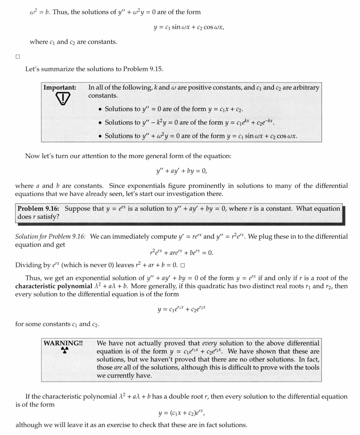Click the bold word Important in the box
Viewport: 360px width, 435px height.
coord(60,87)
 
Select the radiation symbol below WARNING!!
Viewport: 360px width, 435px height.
coord(64,351)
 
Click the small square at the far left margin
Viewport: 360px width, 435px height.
coord(17,57)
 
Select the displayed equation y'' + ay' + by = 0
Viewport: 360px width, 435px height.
coord(181,171)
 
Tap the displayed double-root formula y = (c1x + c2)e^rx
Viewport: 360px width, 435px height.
coord(181,413)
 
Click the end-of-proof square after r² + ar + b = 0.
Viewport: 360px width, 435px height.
coord(183,265)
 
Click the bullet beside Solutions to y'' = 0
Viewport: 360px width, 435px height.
coord(100,109)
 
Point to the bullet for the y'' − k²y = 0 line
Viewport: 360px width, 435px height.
coord(100,123)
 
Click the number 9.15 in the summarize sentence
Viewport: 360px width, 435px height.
coord(154,69)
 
